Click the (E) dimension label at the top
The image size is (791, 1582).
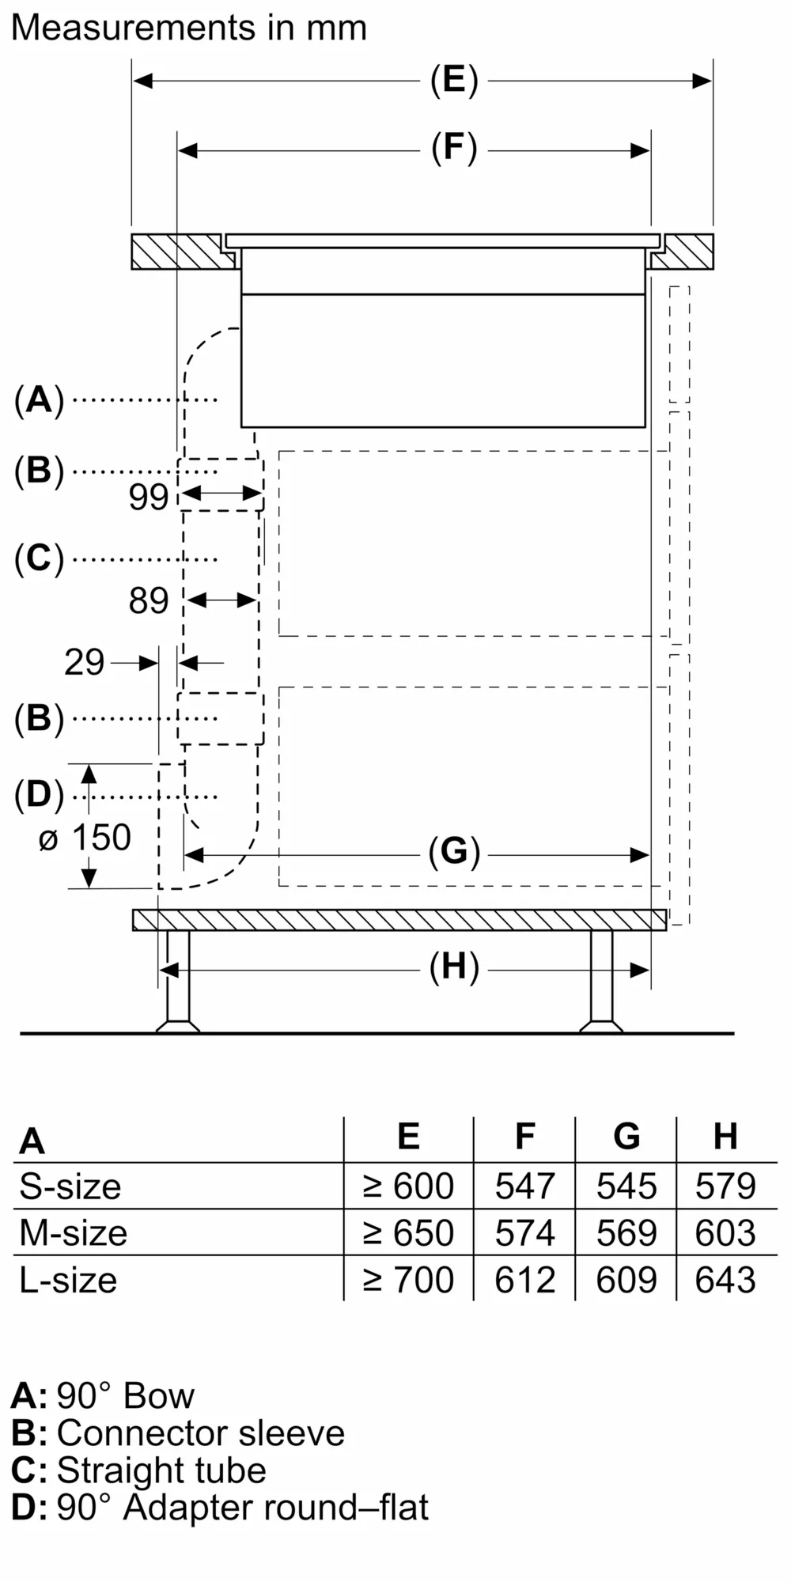coord(454,81)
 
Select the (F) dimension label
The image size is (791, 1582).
coord(454,149)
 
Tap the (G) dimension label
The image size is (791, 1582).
coord(454,853)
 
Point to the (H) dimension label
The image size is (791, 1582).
coord(454,968)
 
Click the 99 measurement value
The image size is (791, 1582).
coord(149,498)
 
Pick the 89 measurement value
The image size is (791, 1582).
coord(149,601)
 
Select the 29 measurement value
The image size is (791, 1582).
coord(84,663)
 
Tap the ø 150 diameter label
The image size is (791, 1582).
coord(85,838)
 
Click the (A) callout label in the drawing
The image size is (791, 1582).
coord(39,399)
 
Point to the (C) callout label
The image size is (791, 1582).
coord(39,558)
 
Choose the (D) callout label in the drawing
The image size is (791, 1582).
coord(39,795)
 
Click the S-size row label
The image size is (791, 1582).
coord(70,1186)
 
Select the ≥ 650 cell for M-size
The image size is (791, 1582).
coord(408,1233)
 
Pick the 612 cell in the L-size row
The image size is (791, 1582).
coord(525,1280)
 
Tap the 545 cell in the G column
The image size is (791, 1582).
coord(626,1186)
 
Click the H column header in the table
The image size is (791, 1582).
coord(725,1137)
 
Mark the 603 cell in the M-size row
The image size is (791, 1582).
coord(725,1233)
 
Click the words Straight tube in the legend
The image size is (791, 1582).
coord(161,1470)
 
